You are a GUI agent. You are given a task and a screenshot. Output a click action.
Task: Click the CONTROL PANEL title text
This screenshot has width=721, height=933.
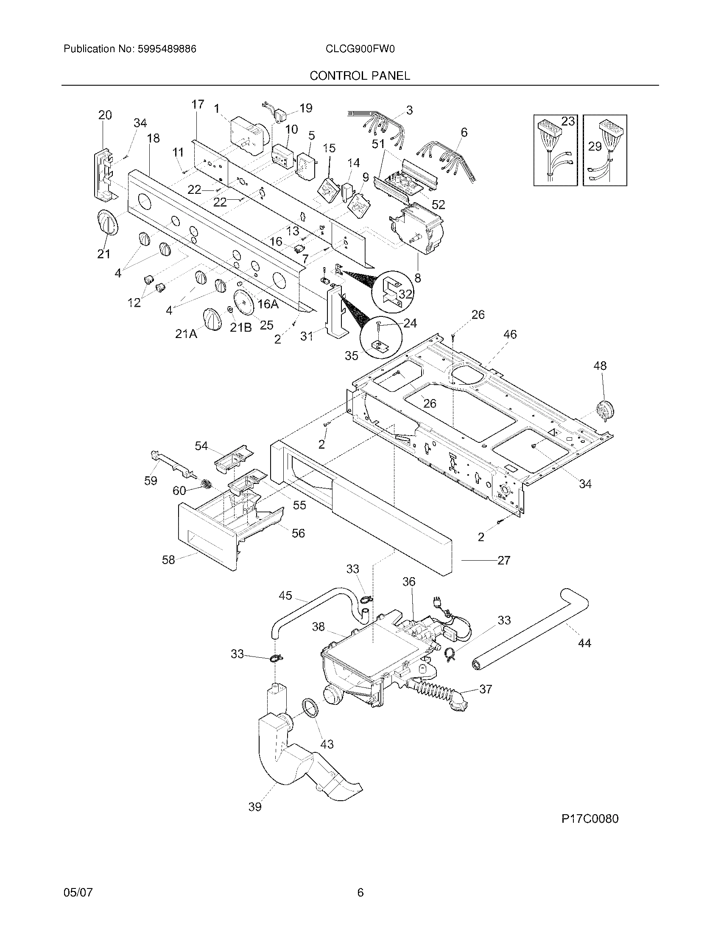pos(360,76)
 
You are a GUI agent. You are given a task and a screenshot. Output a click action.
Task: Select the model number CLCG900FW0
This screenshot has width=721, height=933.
pos(360,49)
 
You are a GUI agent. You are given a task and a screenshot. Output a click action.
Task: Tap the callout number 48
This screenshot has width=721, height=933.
pos(600,366)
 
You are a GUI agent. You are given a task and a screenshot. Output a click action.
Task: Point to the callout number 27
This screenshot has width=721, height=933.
pos(503,560)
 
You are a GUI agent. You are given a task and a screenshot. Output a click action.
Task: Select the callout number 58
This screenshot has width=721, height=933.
pos(168,560)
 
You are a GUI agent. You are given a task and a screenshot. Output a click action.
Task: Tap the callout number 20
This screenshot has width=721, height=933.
pos(105,115)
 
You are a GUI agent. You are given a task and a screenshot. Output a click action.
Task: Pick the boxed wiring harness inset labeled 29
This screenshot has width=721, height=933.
pos(605,150)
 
